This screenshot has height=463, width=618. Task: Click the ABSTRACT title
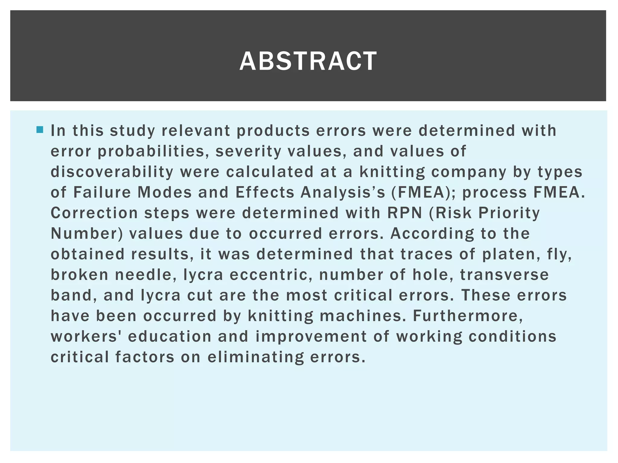308,61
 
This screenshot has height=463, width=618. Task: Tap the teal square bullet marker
40,130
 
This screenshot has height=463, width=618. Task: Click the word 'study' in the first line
132,131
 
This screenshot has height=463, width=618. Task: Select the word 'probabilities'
151,151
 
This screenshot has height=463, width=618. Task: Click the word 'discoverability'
112,172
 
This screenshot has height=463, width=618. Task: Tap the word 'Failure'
102,192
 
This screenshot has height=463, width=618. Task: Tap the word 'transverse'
504,275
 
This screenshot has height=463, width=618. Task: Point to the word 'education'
170,336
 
